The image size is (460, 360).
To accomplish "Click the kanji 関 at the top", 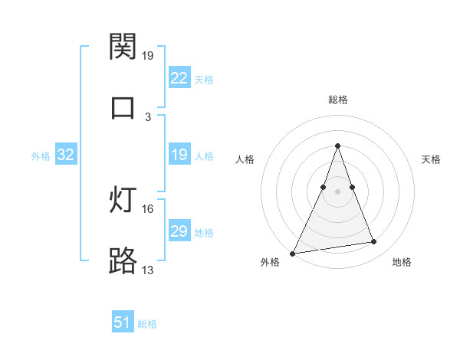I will pos(123,47).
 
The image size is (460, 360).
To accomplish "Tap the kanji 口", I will pos(123,107).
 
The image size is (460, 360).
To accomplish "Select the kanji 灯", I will pos(123,201).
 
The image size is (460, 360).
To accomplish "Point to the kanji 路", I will pos(123,261).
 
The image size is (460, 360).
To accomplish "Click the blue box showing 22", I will pos(179,77).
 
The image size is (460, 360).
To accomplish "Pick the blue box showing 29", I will pos(179,231).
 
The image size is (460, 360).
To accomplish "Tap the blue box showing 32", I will pos(66,155).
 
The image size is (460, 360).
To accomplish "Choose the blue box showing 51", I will pos(123,322).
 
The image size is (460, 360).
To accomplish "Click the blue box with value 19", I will pos(179,155).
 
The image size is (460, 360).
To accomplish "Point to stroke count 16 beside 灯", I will pos(149,208).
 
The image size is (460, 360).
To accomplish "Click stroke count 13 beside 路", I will pos(149,270).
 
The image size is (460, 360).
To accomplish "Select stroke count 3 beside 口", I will pos(148,116).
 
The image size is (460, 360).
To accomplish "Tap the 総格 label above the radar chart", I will pos(337,100).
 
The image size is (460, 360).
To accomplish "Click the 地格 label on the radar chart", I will pos(402,262).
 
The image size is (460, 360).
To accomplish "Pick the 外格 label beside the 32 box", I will pos(41,155).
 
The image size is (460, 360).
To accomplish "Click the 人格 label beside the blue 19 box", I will pos(204,155).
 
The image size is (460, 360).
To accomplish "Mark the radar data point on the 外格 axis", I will pos(293,253).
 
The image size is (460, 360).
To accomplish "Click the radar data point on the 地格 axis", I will pos(374,242).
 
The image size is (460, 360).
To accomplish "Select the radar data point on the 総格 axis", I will pos(337,146).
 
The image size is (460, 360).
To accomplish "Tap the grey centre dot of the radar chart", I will pos(337,191).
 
